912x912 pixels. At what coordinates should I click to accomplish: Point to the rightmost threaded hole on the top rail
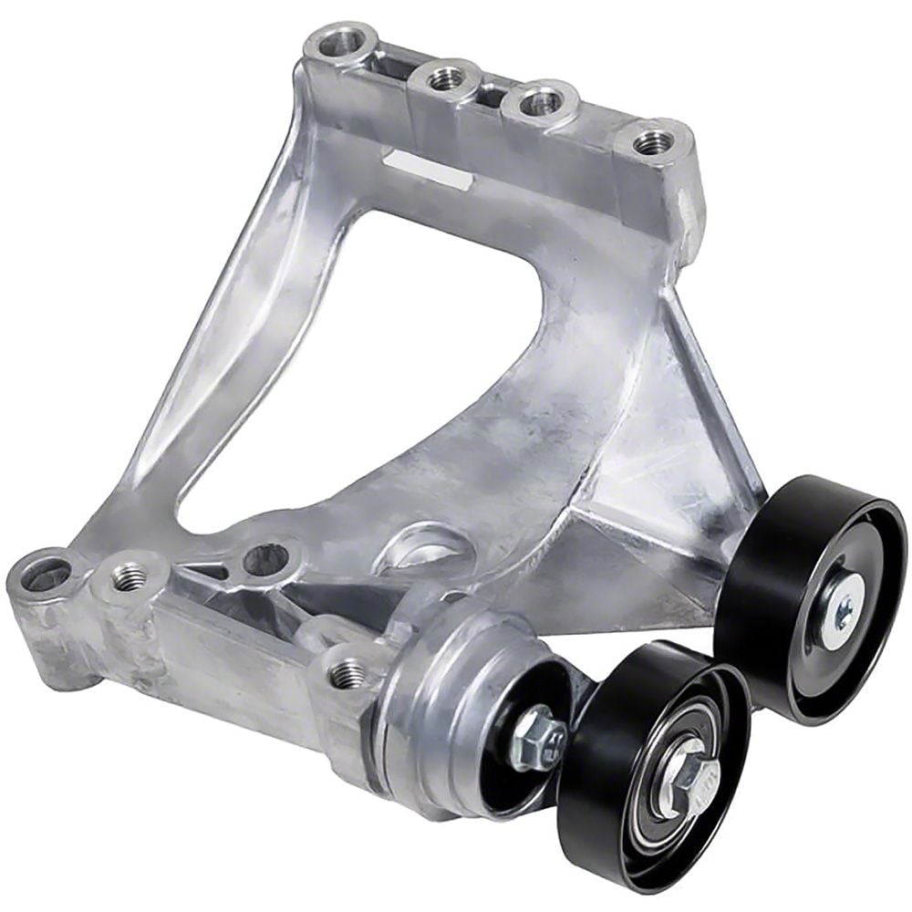coord(652,140)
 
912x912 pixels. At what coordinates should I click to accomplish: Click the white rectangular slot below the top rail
coord(427,170)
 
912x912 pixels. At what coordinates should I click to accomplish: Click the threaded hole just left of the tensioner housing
coord(346,674)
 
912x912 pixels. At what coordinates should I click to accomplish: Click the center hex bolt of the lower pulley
coord(683,772)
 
